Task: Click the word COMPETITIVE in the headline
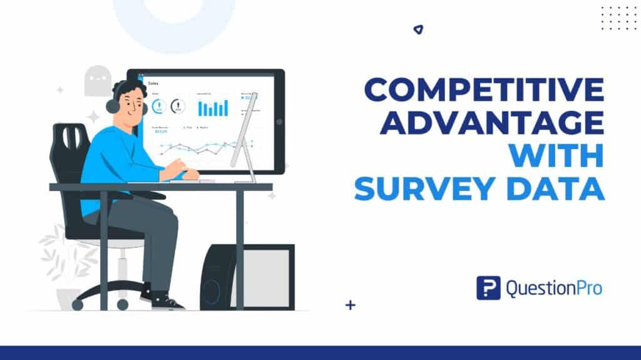pyautogui.click(x=484, y=91)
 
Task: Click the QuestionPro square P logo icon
pyautogui.click(x=488, y=288)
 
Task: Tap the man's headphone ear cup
pyautogui.click(x=113, y=105)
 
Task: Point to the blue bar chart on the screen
pyautogui.click(x=213, y=108)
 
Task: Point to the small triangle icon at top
pyautogui.click(x=418, y=29)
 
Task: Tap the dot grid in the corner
pyautogui.click(x=618, y=18)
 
